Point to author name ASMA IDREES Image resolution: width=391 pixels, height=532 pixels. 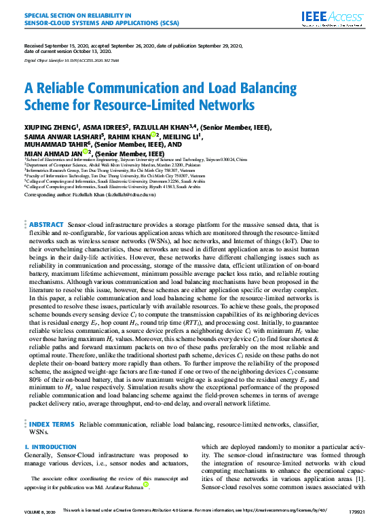pyautogui.click(x=105, y=127)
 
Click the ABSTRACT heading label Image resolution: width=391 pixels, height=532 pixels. pyautogui.click(x=47, y=225)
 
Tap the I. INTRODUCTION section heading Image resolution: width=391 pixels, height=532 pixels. pyautogui.click(x=51, y=447)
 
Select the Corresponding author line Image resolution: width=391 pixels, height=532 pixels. pyautogui.click(x=90, y=194)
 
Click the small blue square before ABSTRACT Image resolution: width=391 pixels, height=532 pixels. pyautogui.click(x=25, y=224)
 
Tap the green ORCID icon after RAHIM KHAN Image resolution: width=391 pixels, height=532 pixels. pyautogui.click(x=154, y=136)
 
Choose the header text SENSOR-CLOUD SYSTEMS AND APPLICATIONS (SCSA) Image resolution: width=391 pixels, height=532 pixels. pyautogui.click(x=92, y=20)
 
